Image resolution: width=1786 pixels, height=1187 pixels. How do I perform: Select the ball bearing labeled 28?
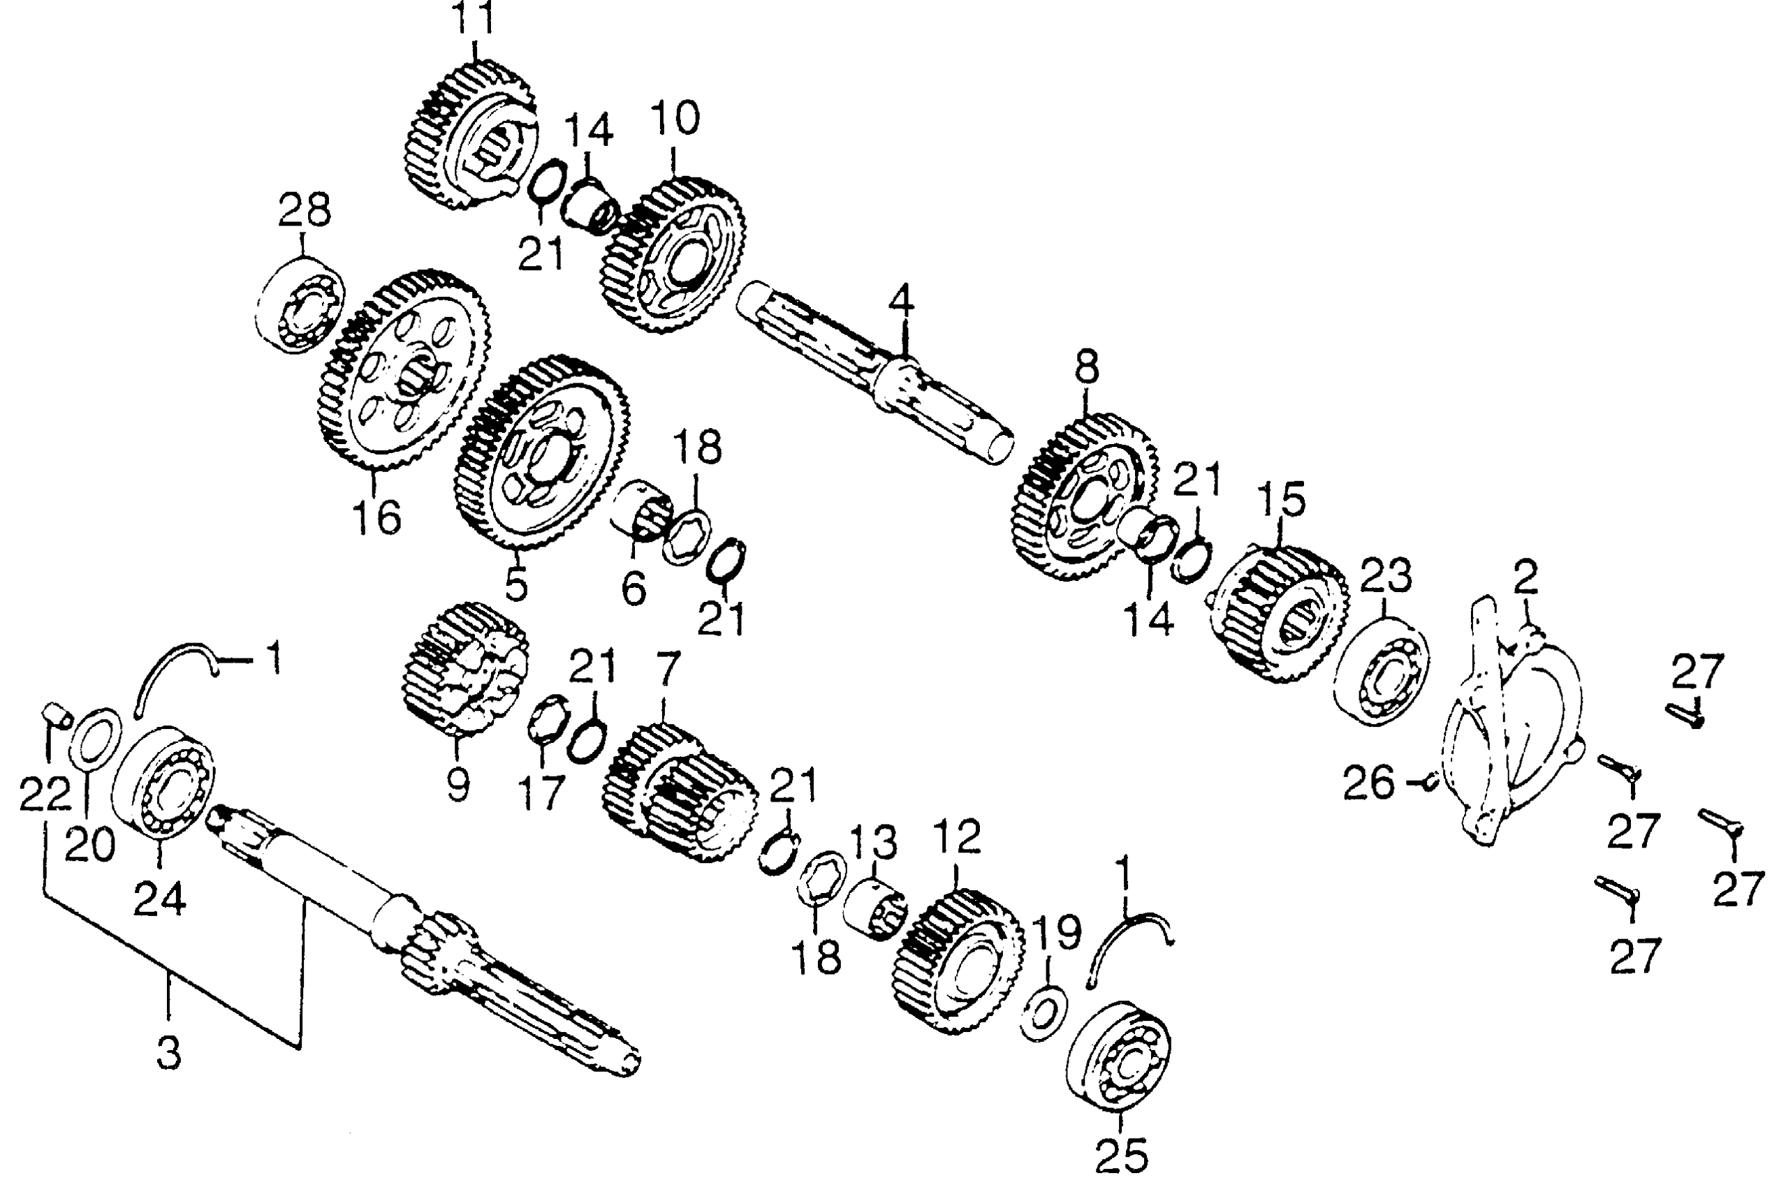[x=299, y=306]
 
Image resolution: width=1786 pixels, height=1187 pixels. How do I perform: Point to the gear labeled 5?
[x=541, y=452]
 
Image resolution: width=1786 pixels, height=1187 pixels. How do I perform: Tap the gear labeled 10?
[x=674, y=254]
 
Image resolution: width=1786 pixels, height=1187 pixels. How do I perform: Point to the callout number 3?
[x=169, y=1054]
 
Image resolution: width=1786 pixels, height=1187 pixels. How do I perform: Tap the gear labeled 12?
[x=957, y=959]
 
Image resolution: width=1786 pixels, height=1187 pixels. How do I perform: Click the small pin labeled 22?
[x=55, y=714]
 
